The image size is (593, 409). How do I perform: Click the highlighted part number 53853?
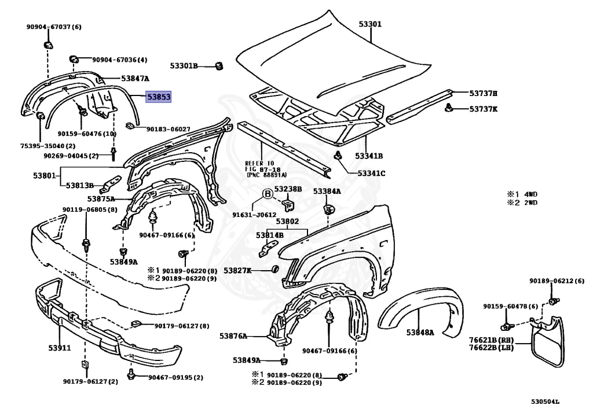(158, 98)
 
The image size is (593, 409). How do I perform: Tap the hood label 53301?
(370, 24)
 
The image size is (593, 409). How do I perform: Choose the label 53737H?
(484, 93)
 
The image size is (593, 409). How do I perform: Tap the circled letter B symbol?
(268, 194)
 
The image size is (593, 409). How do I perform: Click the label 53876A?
(233, 336)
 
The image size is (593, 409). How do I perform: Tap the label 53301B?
(184, 66)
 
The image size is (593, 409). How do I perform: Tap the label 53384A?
(327, 191)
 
